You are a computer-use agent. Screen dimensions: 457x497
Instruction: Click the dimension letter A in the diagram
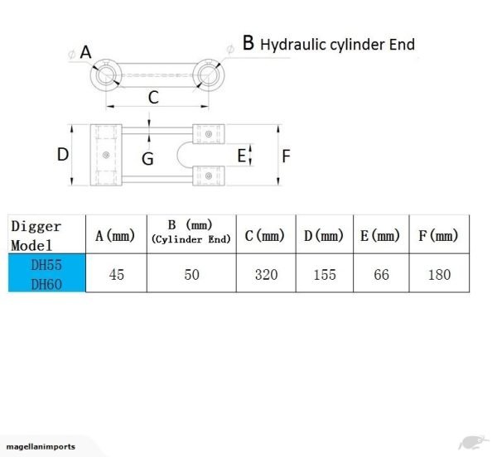(85, 51)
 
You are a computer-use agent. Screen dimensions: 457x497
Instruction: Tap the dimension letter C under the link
(153, 98)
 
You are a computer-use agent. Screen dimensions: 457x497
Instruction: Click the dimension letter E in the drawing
(242, 155)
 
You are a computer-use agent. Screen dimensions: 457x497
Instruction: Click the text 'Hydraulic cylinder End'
(337, 44)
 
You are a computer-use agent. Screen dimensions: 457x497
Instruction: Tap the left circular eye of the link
(105, 75)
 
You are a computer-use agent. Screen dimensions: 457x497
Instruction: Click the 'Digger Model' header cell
(47, 235)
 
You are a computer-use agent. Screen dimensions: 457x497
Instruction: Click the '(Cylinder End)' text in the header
(191, 240)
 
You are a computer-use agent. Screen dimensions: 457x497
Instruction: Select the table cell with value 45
(116, 274)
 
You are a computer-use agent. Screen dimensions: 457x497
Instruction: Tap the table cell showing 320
(266, 274)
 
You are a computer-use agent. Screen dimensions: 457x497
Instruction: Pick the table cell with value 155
(324, 274)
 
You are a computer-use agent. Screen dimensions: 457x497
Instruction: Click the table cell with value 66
(381, 274)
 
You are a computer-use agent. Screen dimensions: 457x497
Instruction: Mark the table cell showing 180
(439, 274)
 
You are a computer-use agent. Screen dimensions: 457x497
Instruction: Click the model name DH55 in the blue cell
(47, 266)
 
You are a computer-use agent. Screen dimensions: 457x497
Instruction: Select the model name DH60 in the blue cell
(47, 283)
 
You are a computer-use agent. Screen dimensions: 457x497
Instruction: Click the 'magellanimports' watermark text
(40, 448)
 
